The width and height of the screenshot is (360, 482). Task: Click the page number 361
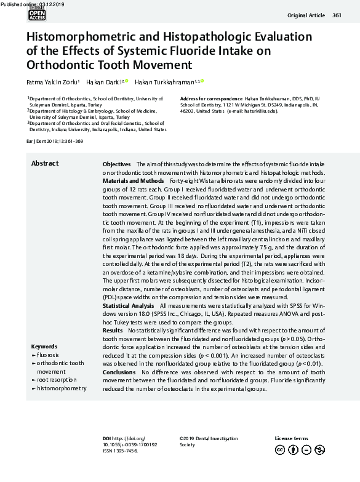click(x=337, y=15)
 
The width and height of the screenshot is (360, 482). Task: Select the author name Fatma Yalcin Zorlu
click(x=52, y=82)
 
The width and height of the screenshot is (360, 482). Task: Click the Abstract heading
click(x=45, y=163)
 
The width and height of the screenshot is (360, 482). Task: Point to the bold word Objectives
click(x=116, y=164)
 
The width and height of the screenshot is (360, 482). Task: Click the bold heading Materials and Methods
click(x=133, y=181)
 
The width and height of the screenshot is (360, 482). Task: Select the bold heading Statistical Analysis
click(x=128, y=305)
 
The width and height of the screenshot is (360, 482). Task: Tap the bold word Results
click(x=113, y=331)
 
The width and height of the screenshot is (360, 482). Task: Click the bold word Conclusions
click(x=119, y=372)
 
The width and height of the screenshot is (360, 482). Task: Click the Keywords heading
click(x=44, y=347)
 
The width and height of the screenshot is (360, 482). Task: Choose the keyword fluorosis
click(x=48, y=355)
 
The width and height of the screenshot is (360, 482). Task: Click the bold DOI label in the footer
click(x=107, y=438)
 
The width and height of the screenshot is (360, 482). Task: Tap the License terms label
click(x=291, y=438)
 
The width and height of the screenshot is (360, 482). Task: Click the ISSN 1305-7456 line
click(x=120, y=451)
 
